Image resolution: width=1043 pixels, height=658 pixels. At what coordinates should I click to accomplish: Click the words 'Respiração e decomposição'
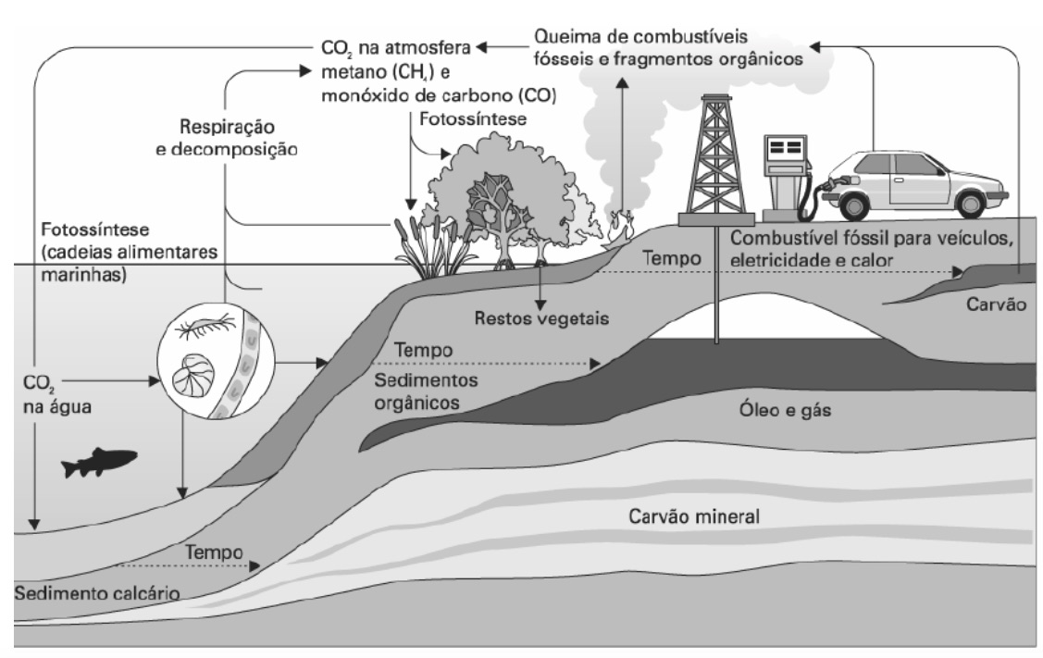(x=226, y=136)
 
